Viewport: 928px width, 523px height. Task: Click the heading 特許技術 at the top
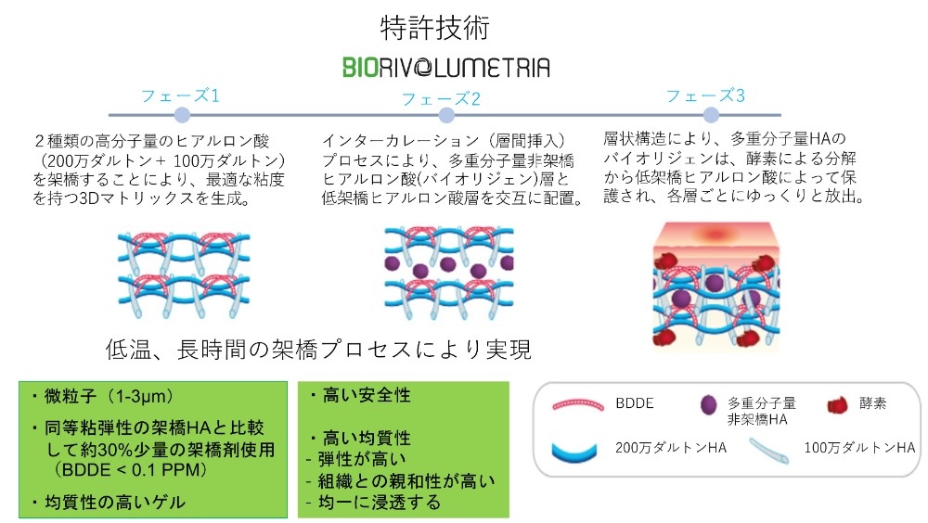(435, 28)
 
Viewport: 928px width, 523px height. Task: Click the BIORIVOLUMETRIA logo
(446, 68)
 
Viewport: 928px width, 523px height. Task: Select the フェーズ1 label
(181, 96)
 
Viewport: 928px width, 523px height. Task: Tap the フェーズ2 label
(441, 98)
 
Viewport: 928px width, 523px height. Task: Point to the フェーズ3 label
(705, 96)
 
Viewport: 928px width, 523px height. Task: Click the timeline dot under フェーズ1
(182, 115)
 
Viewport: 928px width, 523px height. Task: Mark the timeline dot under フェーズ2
(447, 115)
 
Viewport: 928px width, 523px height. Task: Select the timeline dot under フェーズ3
(711, 115)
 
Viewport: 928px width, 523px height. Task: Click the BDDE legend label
(635, 403)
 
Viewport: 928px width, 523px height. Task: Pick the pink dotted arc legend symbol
(577, 403)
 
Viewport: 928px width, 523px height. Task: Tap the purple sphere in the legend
(708, 405)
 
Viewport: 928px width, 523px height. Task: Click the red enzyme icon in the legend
(837, 405)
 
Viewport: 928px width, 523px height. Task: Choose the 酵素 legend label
(873, 403)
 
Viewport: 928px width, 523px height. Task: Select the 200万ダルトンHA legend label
(671, 448)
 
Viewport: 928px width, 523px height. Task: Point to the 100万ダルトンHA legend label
(859, 448)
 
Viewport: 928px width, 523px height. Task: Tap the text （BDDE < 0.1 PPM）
(130, 470)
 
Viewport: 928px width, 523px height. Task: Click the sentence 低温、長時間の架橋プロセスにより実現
(318, 350)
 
